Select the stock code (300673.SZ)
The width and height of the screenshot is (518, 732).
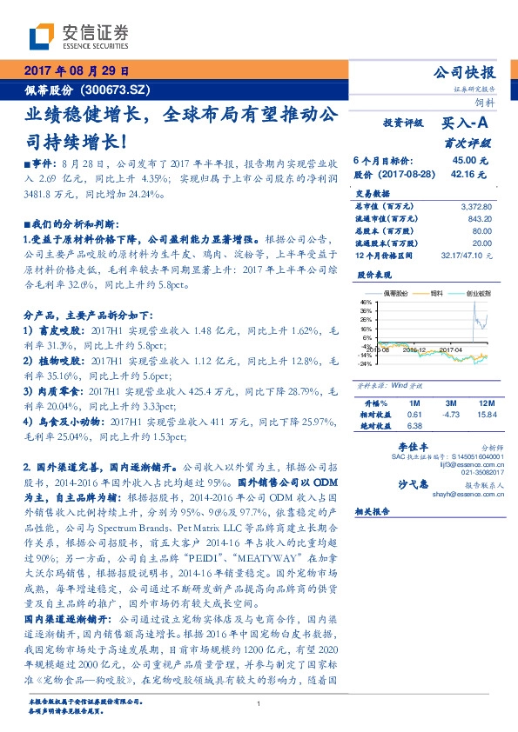(x=120, y=90)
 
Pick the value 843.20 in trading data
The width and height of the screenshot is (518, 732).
(x=479, y=219)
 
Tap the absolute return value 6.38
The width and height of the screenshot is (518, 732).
(x=414, y=426)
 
